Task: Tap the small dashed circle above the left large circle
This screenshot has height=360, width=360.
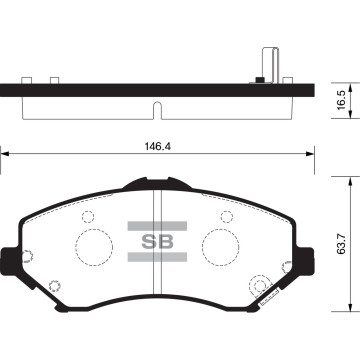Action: coord(87,217)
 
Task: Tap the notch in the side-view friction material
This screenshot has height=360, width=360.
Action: coord(153,107)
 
